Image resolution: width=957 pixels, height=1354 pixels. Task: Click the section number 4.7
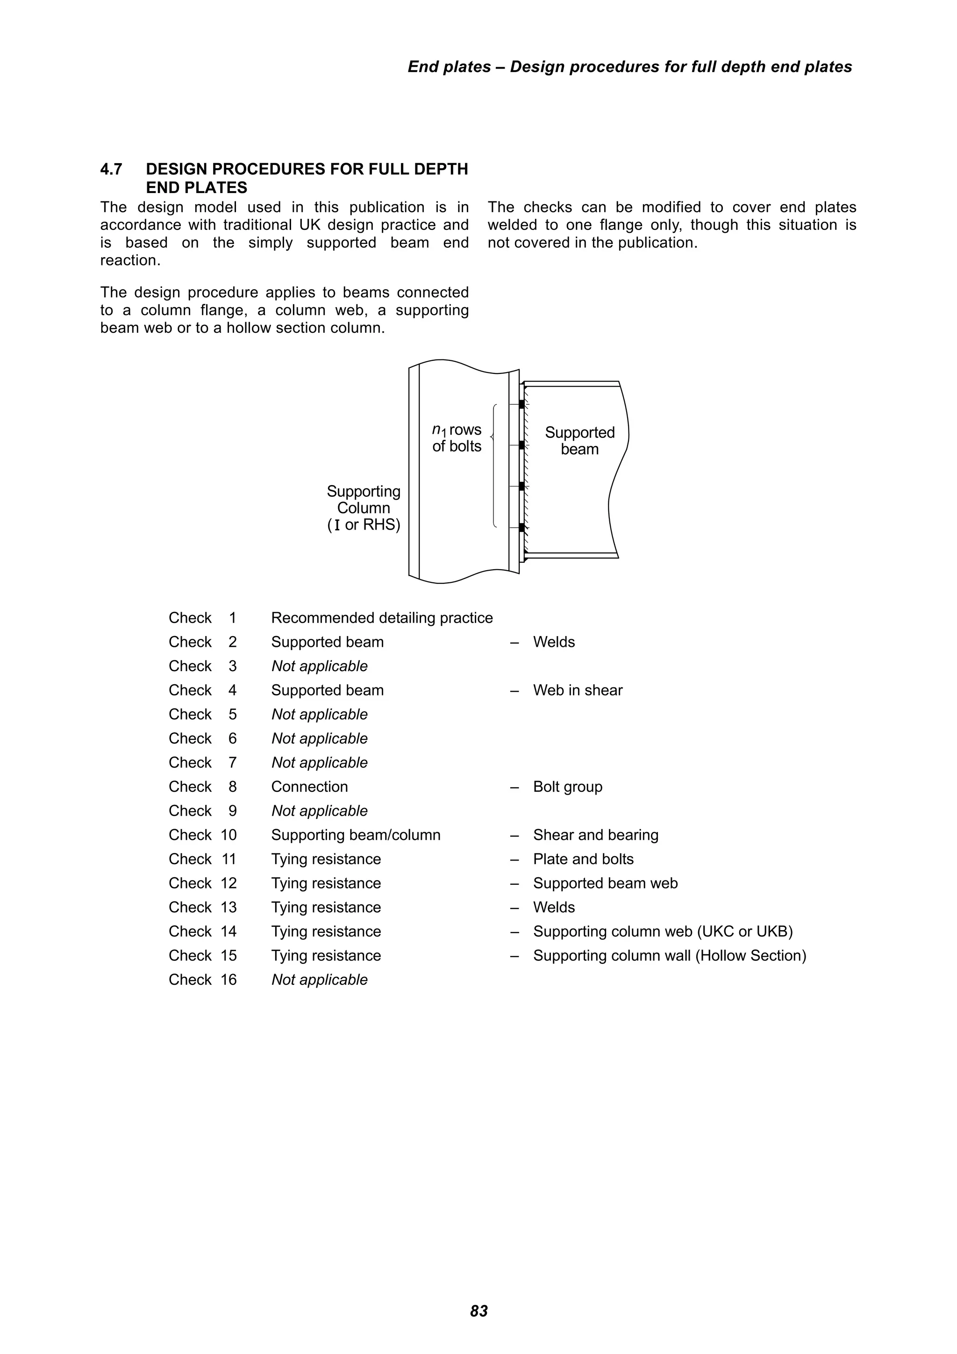pyautogui.click(x=111, y=169)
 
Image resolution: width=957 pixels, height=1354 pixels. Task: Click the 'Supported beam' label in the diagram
pyautogui.click(x=579, y=441)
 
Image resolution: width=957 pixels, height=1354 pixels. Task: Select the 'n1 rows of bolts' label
pyautogui.click(x=457, y=437)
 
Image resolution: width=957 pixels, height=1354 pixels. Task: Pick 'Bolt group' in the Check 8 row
pyautogui.click(x=567, y=787)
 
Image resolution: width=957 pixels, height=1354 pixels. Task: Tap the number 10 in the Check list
pyautogui.click(x=229, y=835)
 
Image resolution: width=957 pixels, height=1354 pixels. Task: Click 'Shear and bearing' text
pyautogui.click(x=595, y=835)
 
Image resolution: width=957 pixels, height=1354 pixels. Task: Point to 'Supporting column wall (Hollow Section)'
pyautogui.click(x=669, y=955)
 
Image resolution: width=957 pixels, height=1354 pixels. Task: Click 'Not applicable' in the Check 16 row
pyautogui.click(x=319, y=980)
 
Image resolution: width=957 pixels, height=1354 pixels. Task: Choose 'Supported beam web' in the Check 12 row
pyautogui.click(x=605, y=883)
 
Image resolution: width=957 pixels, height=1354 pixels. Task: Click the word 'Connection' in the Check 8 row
pyautogui.click(x=309, y=787)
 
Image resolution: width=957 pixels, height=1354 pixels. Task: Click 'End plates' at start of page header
pyautogui.click(x=449, y=67)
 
